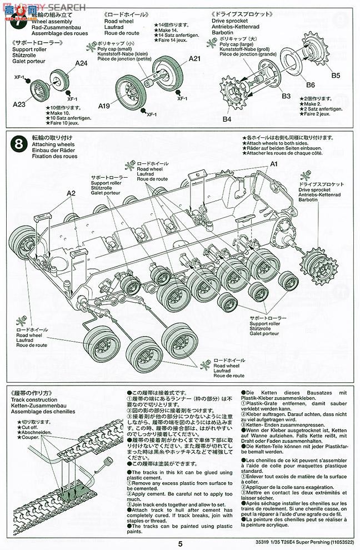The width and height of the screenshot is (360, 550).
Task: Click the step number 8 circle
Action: [x=18, y=144]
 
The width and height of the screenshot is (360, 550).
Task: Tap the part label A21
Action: [x=194, y=58]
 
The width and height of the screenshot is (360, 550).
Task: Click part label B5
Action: [x=336, y=76]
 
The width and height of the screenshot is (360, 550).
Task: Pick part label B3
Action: [x=286, y=96]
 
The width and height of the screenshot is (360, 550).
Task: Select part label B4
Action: [x=227, y=119]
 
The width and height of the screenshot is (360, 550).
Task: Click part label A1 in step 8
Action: [x=273, y=164]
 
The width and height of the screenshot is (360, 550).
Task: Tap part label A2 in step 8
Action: [x=71, y=193]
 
